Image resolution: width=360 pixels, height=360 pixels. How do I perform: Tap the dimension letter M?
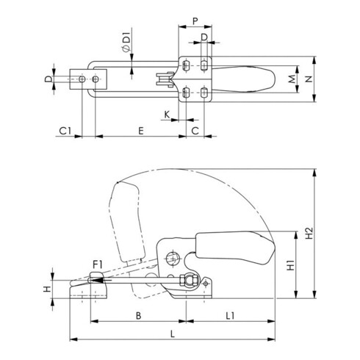291,77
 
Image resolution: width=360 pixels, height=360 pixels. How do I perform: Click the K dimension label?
168,115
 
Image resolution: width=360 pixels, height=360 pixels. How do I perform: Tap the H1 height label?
291,265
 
